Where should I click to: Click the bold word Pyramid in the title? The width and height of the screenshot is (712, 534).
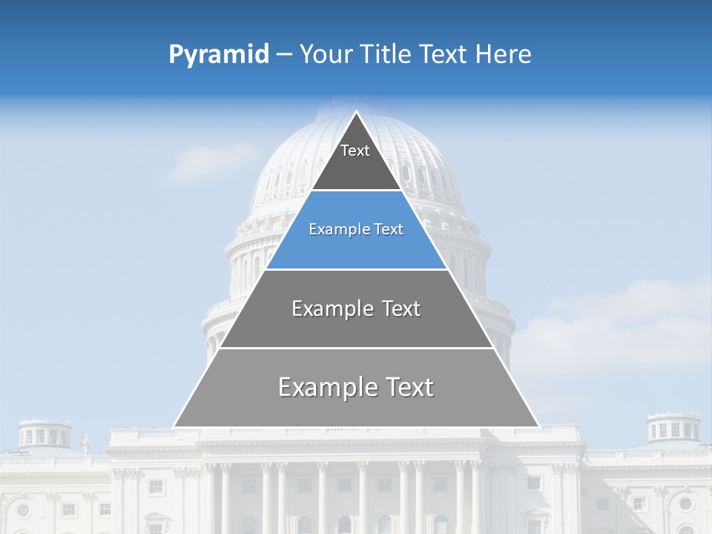[219, 55]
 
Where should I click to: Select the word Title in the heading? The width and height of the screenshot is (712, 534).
[386, 55]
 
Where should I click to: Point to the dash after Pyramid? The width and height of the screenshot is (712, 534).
[284, 55]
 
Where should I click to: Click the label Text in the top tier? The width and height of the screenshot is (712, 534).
[355, 151]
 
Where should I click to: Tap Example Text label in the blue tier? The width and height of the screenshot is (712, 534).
[356, 230]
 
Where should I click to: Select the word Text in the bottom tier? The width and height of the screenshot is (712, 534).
[408, 387]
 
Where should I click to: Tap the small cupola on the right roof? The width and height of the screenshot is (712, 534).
[673, 429]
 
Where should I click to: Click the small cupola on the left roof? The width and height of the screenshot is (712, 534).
[44, 433]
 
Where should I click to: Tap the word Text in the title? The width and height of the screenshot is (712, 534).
[445, 55]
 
